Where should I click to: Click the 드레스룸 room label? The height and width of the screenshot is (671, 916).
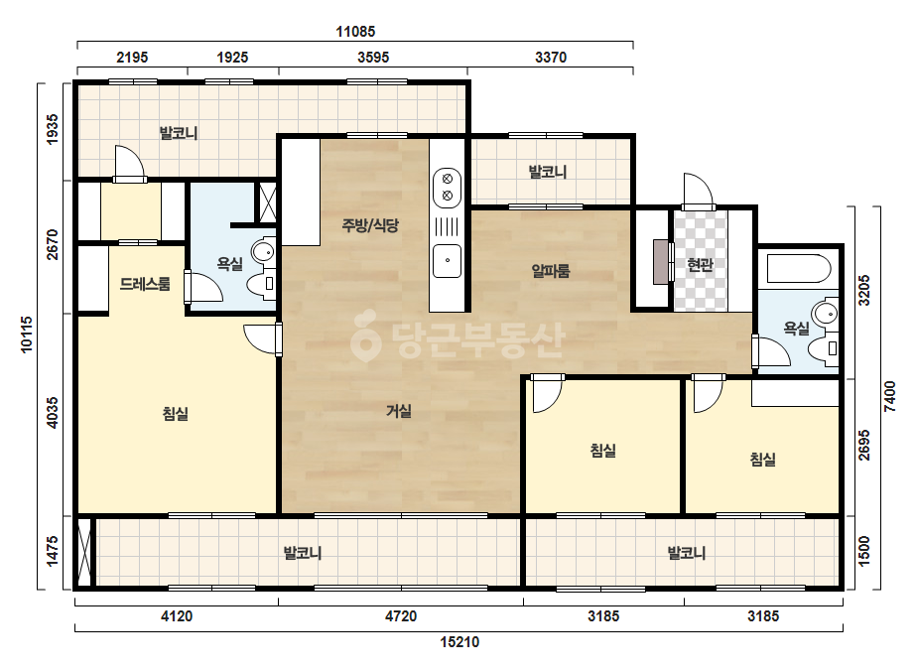pyautogui.click(x=145, y=285)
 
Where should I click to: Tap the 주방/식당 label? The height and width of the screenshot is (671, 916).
pyautogui.click(x=370, y=225)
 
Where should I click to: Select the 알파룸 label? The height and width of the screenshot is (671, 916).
pyautogui.click(x=551, y=271)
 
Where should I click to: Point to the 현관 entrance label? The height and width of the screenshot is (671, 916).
pyautogui.click(x=700, y=265)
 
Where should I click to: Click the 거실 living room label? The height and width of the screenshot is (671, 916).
pyautogui.click(x=399, y=411)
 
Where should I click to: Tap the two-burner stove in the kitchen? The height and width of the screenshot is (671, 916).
pyautogui.click(x=447, y=187)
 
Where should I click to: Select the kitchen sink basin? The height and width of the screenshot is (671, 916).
pyautogui.click(x=447, y=261)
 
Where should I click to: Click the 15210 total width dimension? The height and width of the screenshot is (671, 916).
pyautogui.click(x=459, y=642)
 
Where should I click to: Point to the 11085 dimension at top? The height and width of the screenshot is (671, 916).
pyautogui.click(x=355, y=32)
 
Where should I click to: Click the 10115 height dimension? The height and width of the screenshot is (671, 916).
pyautogui.click(x=27, y=335)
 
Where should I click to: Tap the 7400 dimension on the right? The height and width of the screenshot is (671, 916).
pyautogui.click(x=889, y=396)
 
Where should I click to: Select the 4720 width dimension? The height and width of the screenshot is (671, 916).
pyautogui.click(x=401, y=616)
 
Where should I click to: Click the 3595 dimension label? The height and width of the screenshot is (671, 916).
pyautogui.click(x=373, y=58)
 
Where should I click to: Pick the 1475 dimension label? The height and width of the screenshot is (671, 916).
pyautogui.click(x=52, y=551)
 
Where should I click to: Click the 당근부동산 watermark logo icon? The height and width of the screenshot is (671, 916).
pyautogui.click(x=364, y=335)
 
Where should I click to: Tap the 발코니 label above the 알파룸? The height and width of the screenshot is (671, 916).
pyautogui.click(x=548, y=172)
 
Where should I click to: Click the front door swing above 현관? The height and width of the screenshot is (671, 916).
pyautogui.click(x=698, y=190)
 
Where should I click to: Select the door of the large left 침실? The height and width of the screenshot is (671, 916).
pyautogui.click(x=263, y=339)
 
